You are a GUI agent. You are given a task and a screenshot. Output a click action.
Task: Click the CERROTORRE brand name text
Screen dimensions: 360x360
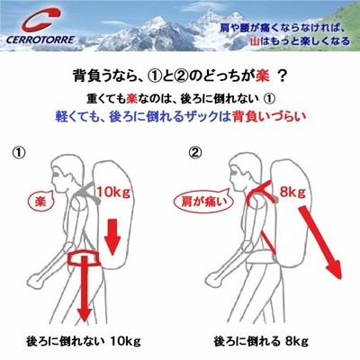[40, 40]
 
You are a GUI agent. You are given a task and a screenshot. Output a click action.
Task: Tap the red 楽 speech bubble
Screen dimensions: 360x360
[40, 202]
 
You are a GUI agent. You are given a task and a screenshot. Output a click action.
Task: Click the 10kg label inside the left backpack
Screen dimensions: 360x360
[113, 192]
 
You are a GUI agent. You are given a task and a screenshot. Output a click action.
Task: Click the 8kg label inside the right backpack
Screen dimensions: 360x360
[292, 192]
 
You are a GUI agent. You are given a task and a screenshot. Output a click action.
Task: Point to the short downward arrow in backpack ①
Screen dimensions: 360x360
[112, 237]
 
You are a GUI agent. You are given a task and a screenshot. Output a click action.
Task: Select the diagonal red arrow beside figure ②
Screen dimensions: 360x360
[321, 242]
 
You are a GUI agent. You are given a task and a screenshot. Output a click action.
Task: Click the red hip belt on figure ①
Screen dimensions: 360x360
[83, 258]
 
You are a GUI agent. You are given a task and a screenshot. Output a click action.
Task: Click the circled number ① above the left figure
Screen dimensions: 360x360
[19, 153]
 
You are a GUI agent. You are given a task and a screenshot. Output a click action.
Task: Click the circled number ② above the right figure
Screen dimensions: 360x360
[195, 153]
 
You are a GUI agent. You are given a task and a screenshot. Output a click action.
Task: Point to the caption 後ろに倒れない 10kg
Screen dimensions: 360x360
[84, 341]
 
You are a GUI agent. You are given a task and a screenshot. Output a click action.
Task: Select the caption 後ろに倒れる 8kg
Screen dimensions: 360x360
[261, 341]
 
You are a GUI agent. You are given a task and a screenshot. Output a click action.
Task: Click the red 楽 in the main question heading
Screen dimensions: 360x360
[263, 76]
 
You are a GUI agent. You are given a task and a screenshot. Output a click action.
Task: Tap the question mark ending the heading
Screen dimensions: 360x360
[282, 76]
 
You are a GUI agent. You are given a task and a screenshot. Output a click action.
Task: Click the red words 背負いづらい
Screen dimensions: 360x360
[269, 116]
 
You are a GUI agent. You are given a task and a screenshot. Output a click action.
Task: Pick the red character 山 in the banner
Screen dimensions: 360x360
[255, 40]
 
